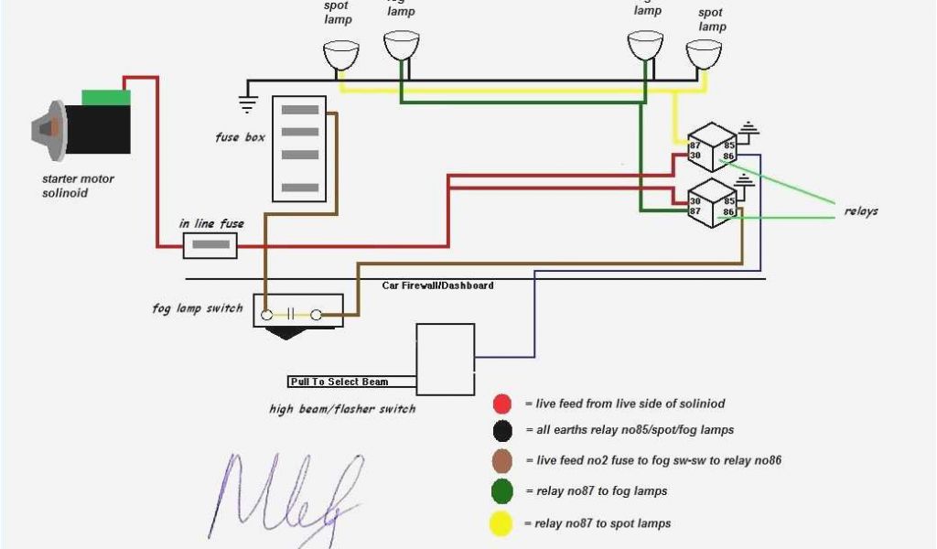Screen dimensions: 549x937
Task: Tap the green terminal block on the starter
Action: coord(106,97)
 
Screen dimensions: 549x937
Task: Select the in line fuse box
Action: coord(210,245)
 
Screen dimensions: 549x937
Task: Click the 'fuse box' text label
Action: coord(240,137)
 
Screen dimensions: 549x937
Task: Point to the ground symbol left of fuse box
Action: coord(247,102)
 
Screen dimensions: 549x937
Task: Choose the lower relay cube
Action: coord(712,201)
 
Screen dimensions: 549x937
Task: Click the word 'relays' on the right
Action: coord(860,211)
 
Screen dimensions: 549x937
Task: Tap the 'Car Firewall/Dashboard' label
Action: coord(437,285)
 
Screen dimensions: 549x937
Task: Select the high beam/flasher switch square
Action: coord(445,359)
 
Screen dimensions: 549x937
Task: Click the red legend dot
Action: coord(501,404)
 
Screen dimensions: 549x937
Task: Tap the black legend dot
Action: coord(501,430)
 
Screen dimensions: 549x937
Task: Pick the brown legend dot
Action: coord(501,461)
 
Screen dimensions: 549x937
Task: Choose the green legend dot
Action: coord(501,492)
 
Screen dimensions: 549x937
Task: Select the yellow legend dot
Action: coord(501,523)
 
